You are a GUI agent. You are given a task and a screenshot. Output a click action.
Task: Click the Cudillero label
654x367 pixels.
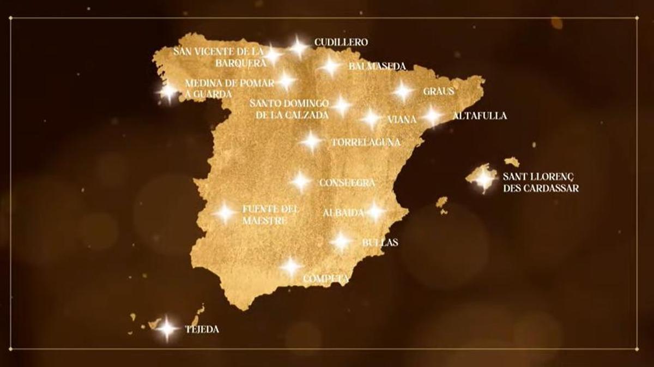click(341, 42)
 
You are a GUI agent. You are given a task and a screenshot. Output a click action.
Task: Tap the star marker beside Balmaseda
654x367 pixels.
click(330, 67)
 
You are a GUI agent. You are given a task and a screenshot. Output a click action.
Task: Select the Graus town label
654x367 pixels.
click(438, 92)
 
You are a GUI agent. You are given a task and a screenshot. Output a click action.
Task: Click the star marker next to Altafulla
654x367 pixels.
click(432, 116)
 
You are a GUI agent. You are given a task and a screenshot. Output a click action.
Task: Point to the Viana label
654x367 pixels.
click(402, 119)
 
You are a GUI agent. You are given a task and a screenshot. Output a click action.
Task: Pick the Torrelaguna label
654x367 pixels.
click(366, 142)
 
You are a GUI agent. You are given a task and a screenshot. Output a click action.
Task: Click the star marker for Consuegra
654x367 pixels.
click(301, 181)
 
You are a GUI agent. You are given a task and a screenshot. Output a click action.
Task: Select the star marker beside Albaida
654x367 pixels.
click(375, 212)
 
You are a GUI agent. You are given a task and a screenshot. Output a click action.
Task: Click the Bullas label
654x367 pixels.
click(380, 242)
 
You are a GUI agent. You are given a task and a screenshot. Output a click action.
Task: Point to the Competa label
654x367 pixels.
click(326, 279)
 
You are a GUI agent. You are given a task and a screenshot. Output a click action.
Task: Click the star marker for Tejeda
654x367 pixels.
click(166, 328)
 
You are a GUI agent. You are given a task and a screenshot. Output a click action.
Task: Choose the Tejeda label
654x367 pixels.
click(202, 329)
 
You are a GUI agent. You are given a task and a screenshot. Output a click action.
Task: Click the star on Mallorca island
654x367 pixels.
click(484, 178)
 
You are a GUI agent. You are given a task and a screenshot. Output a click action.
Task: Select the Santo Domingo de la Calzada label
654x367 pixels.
click(289, 109)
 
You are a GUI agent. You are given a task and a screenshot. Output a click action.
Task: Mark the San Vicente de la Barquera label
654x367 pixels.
click(219, 57)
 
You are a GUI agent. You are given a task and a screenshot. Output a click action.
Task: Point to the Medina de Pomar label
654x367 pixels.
click(229, 83)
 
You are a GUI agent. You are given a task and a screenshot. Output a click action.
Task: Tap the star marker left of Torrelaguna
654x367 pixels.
click(311, 141)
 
